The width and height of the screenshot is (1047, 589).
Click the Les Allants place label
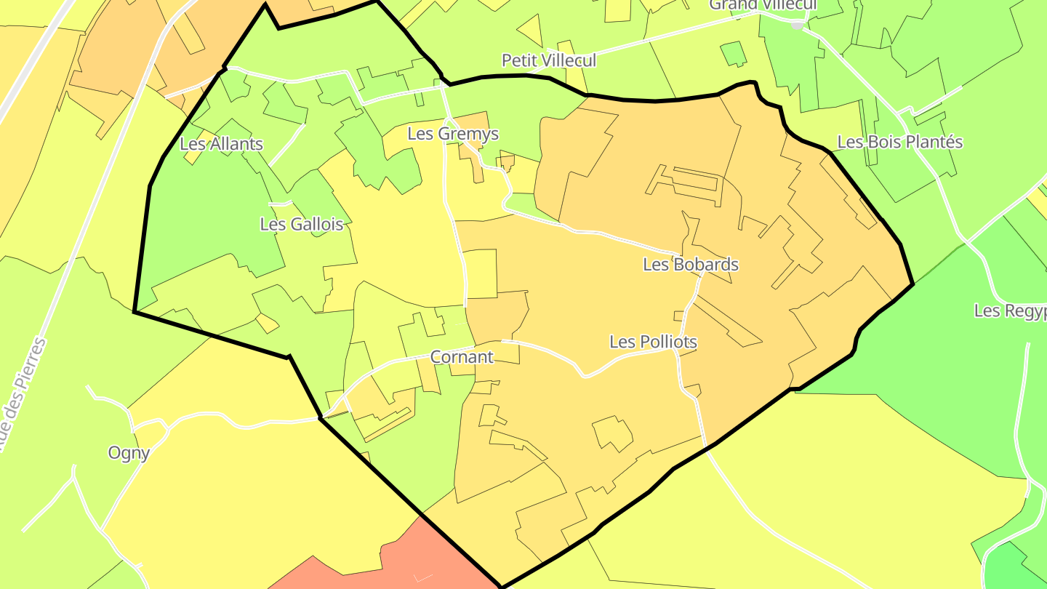pyautogui.click(x=221, y=144)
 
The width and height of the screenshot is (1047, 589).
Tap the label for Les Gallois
pyautogui.click(x=301, y=225)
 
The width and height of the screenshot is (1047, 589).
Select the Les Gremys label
pyautogui.click(x=453, y=134)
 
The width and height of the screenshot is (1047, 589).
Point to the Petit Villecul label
pyautogui.click(x=548, y=60)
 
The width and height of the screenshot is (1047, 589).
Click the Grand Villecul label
pyautogui.click(x=763, y=4)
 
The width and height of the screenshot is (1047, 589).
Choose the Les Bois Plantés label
pyautogui.click(x=899, y=142)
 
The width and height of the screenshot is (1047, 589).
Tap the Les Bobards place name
pyautogui.click(x=690, y=265)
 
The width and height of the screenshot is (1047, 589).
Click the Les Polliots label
pyautogui.click(x=653, y=342)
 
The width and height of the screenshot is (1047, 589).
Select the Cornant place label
pyautogui.click(x=461, y=357)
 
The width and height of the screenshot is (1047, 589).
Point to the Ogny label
pyautogui.click(x=129, y=453)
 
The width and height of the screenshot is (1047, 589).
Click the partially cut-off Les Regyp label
pyautogui.click(x=1010, y=311)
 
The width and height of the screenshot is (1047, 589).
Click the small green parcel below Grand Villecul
pyautogui.click(x=733, y=53)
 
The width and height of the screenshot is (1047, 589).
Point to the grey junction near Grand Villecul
pyautogui.click(x=798, y=25)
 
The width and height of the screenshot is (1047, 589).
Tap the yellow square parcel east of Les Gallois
pyautogui.click(x=480, y=273)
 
